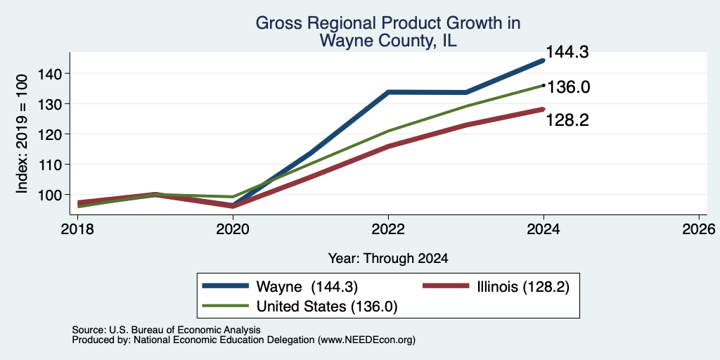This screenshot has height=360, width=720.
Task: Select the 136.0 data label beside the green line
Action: [568, 86]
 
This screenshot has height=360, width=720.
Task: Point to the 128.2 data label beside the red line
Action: [567, 120]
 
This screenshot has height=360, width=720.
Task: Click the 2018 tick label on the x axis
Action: [77, 229]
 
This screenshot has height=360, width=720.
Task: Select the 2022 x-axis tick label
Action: [388, 229]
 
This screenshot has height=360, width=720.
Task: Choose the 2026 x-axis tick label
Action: [699, 229]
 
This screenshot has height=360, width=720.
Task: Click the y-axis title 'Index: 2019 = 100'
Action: [22, 134]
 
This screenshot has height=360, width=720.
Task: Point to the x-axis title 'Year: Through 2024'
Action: [388, 259]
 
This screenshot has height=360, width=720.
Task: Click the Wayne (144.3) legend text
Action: [307, 287]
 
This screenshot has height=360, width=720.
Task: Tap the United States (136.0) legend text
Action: [326, 307]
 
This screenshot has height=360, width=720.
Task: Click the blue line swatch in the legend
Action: [226, 286]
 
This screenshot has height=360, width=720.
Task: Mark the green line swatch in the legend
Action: [226, 306]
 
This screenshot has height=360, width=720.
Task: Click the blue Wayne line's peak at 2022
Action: [388, 92]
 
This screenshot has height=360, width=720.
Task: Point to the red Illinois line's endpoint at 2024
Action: [544, 109]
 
